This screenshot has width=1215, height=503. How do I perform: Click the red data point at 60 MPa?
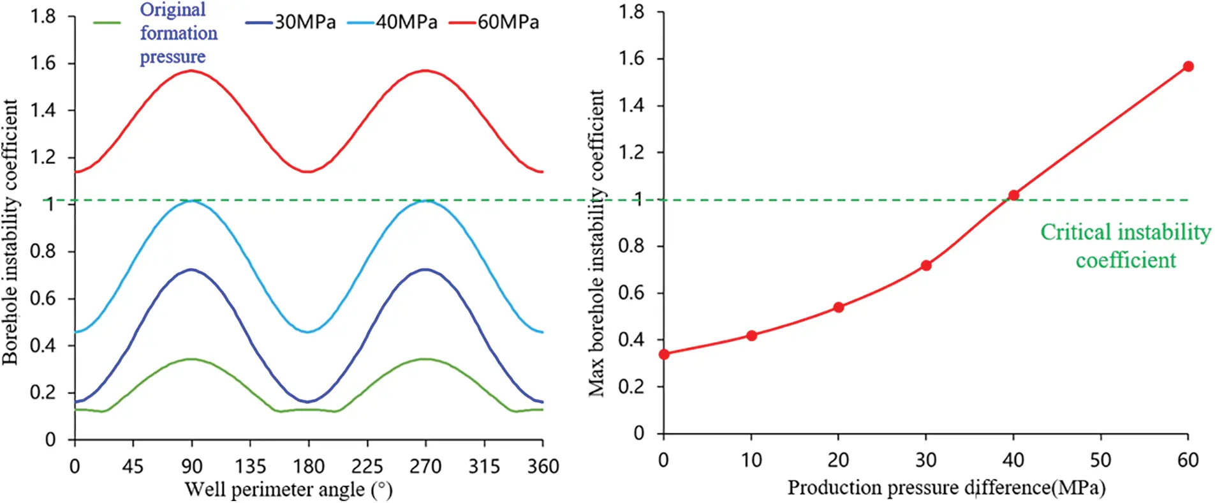point(1188,66)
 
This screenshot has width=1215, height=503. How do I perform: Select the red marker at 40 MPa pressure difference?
point(1013,195)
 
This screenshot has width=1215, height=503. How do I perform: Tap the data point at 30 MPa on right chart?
point(926,265)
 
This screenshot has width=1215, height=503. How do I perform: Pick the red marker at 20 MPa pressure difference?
point(839,307)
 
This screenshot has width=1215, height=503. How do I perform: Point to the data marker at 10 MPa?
point(751,335)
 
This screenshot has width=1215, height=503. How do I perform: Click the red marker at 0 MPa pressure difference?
point(664,354)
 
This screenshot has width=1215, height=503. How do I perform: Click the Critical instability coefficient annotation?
point(1125,246)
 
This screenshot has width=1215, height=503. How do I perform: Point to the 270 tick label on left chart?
point(425,467)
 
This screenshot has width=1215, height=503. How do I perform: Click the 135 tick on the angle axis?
point(250,467)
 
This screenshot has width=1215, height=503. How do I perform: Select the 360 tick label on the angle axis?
point(543,467)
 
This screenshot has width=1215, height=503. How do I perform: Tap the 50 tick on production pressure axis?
point(1100,460)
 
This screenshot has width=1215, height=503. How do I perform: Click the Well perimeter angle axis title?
point(288,490)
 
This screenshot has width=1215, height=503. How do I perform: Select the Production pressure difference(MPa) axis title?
point(946,488)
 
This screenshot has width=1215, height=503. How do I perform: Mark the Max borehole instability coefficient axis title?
point(596,243)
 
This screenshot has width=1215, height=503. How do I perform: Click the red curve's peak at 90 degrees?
point(191,70)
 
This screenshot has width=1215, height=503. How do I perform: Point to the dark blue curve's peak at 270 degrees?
point(425,269)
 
